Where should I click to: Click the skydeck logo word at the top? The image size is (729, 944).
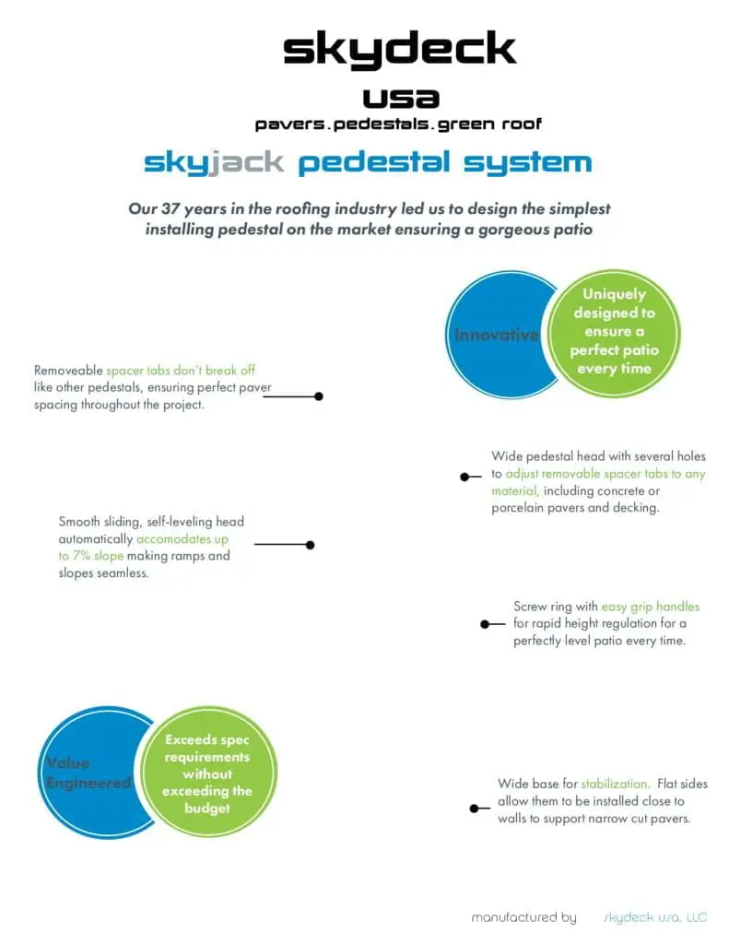pyautogui.click(x=400, y=50)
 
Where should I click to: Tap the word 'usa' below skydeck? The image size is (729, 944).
pyautogui.click(x=401, y=98)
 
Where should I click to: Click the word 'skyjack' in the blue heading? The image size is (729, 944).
pyautogui.click(x=214, y=162)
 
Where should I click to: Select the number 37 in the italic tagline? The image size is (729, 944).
pyautogui.click(x=170, y=209)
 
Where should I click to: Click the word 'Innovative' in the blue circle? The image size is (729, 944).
pyautogui.click(x=497, y=335)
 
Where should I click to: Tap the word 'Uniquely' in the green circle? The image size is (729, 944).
pyautogui.click(x=614, y=294)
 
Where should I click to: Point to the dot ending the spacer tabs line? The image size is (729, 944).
pyautogui.click(x=319, y=396)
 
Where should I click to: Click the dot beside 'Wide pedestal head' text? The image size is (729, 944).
pyautogui.click(x=464, y=477)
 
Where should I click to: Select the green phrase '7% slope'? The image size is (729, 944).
pyautogui.click(x=98, y=556)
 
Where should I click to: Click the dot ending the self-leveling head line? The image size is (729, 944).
pyautogui.click(x=310, y=545)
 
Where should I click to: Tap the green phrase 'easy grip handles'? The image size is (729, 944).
pyautogui.click(x=650, y=607)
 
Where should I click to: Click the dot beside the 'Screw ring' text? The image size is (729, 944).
pyautogui.click(x=485, y=624)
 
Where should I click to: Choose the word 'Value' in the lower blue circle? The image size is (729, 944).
pyautogui.click(x=68, y=762)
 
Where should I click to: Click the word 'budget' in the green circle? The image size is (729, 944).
pyautogui.click(x=207, y=808)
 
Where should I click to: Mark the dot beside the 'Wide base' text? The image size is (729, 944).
pyautogui.click(x=475, y=808)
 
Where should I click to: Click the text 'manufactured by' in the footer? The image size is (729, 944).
pyautogui.click(x=523, y=917)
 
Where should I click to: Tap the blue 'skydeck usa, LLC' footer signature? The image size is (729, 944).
pyautogui.click(x=655, y=917)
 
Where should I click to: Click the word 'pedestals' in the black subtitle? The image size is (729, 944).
pyautogui.click(x=381, y=124)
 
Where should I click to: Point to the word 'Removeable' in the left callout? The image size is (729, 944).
pyautogui.click(x=68, y=371)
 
